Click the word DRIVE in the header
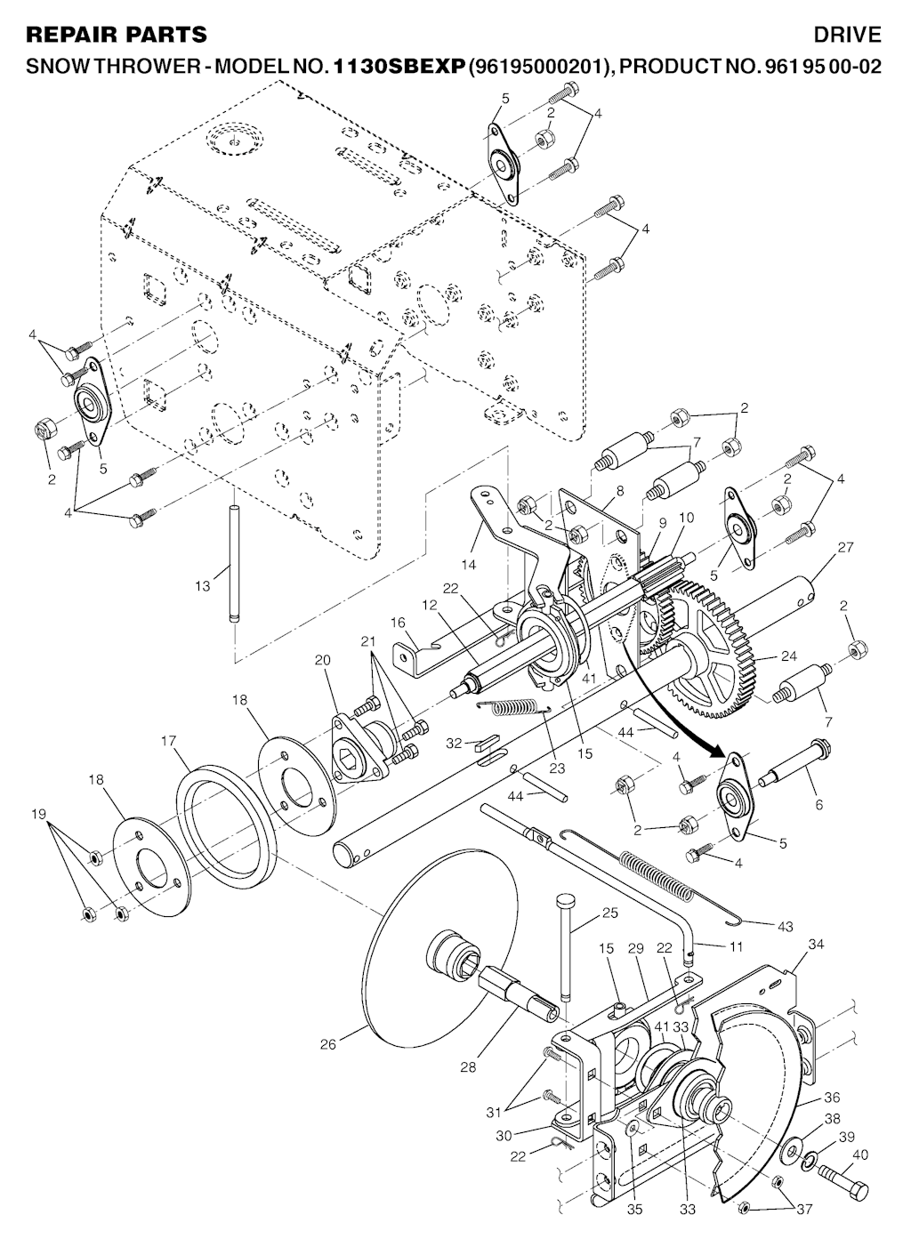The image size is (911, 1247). tap(848, 35)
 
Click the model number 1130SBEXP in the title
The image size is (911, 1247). tap(399, 66)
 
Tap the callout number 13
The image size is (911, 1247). tap(203, 585)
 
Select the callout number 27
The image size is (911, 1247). tap(845, 547)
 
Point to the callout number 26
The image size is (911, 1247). tap(328, 1044)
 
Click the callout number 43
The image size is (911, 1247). tap(786, 926)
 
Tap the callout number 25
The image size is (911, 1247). tap(610, 913)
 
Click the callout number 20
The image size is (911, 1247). tap(322, 660)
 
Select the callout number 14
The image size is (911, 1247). tap(469, 565)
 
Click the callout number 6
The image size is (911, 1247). tap(818, 804)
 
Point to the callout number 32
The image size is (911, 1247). tap(455, 743)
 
